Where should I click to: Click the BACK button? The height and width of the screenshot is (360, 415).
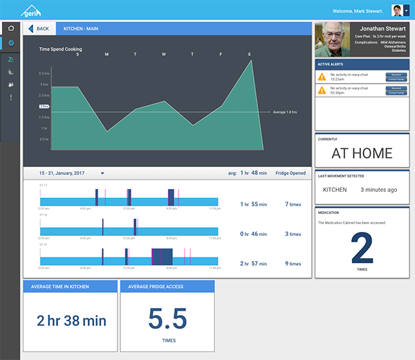[x=39, y=28]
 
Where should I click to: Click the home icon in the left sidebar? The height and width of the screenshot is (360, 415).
[x=10, y=28]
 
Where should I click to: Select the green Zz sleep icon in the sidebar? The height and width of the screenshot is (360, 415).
[x=10, y=60]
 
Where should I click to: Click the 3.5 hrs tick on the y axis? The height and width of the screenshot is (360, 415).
[x=44, y=73]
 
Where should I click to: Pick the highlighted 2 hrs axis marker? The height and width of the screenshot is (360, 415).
[x=44, y=106]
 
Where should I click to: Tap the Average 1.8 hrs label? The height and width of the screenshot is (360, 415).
[x=284, y=111]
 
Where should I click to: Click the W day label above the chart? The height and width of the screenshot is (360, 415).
[x=163, y=54]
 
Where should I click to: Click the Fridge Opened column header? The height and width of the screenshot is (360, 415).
[x=291, y=173]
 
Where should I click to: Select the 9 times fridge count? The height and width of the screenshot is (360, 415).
[x=293, y=264]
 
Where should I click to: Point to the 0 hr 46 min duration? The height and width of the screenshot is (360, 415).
[x=254, y=234]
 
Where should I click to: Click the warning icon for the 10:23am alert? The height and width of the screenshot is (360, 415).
[x=322, y=76]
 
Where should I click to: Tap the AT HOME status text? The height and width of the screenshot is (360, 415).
[x=362, y=153]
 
